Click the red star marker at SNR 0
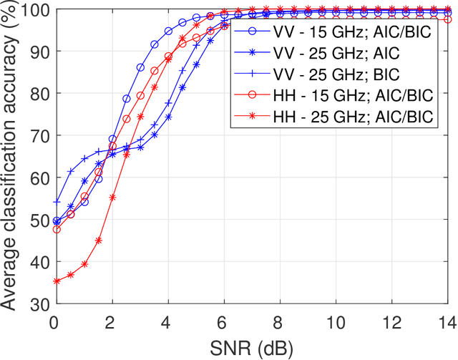[x=57, y=281]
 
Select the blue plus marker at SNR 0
[x=57, y=203]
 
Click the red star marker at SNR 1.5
[x=98, y=240]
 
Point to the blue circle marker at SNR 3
[x=140, y=68]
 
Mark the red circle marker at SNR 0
[x=57, y=230]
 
